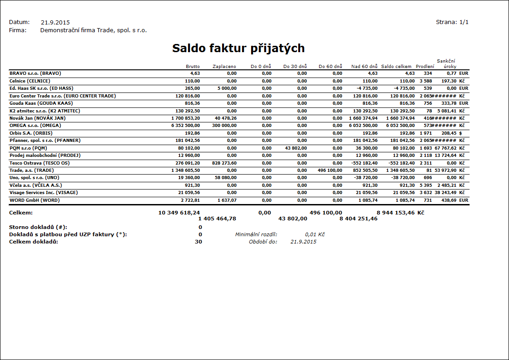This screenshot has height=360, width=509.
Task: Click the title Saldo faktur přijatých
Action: pos(238,49)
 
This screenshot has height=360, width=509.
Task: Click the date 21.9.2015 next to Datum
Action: pos(55,22)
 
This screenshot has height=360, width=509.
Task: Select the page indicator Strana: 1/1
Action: pos(452,22)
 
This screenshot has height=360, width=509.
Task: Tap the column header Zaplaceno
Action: pos(224,67)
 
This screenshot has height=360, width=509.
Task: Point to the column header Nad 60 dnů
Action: pos(364,67)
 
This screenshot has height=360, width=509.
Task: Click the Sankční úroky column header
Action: pos(446,64)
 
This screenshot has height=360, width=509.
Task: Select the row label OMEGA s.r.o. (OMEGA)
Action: pos(35,125)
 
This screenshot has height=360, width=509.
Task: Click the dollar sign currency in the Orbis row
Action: pos(461,133)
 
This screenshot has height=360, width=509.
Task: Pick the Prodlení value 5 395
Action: pos(425,185)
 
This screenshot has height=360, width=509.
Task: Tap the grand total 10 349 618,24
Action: pos(179,213)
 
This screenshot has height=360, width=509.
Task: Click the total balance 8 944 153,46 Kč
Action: pos(400,213)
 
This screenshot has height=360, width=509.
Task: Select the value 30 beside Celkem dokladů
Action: pos(199,242)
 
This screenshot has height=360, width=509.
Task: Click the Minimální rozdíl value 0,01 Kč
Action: pos(315,234)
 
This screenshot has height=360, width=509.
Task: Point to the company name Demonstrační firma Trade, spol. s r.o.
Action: pos(93,30)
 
